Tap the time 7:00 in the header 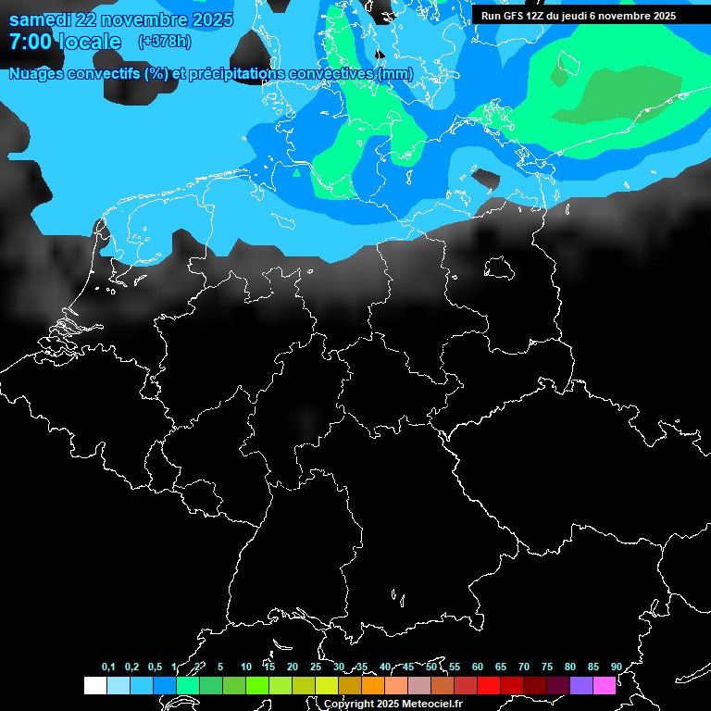pyautogui.click(x=31, y=42)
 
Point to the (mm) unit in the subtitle pyautogui.click(x=394, y=73)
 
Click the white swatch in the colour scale pyautogui.click(x=95, y=686)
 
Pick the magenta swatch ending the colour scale pyautogui.click(x=605, y=686)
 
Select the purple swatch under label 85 pyautogui.click(x=581, y=686)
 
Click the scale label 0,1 pyautogui.click(x=108, y=667)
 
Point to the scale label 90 pyautogui.click(x=616, y=667)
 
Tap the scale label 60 pyautogui.click(x=478, y=667)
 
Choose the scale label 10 pyautogui.click(x=246, y=667)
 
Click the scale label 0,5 pyautogui.click(x=155, y=667)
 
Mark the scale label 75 pyautogui.click(x=547, y=667)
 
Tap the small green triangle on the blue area pyautogui.click(x=297, y=172)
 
